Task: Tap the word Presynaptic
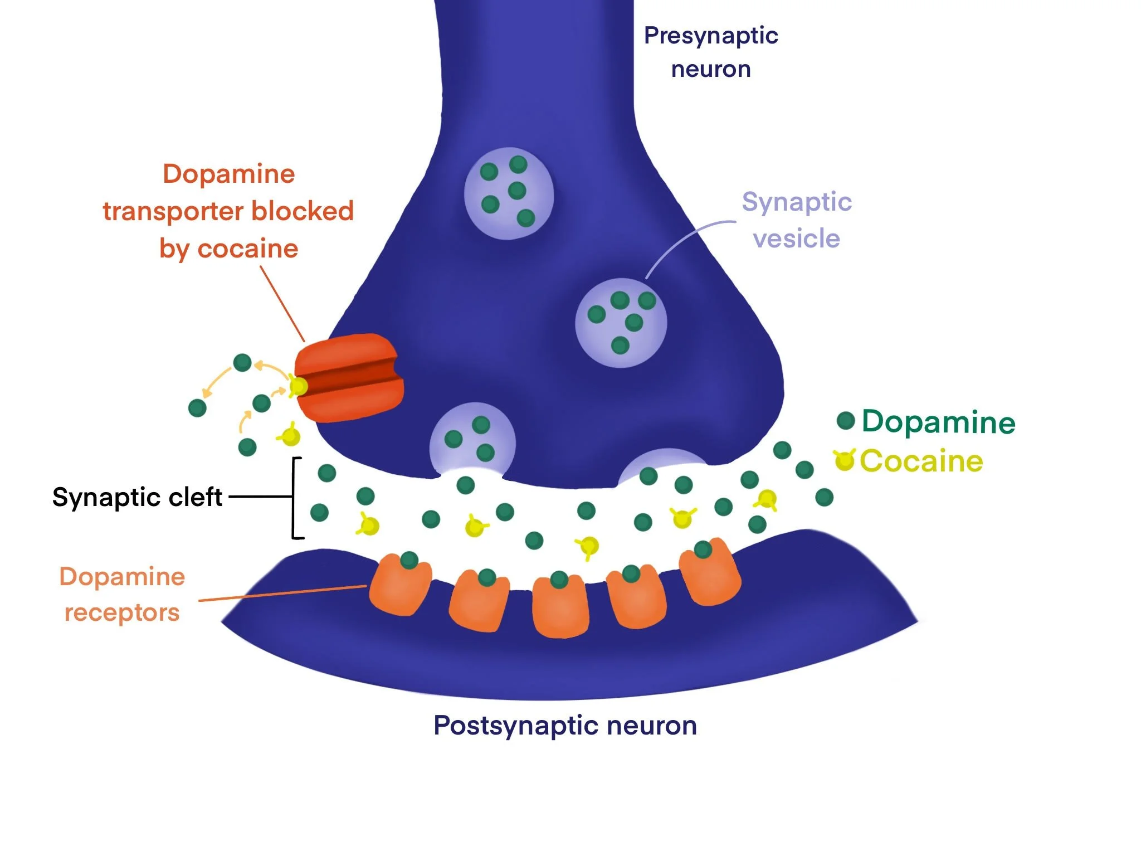[711, 36]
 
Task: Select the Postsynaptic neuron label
[565, 726]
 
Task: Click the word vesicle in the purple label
[796, 239]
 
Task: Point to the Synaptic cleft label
[137, 497]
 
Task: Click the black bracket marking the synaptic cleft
[294, 498]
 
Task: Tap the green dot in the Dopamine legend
[846, 420]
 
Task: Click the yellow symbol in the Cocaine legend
[844, 460]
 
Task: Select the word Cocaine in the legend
[921, 461]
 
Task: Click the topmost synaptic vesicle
[509, 193]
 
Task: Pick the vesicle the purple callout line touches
[621, 323]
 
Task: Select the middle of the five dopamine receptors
[560, 607]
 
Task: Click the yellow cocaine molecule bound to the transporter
[299, 386]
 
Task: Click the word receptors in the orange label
[122, 613]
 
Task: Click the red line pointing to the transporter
[282, 303]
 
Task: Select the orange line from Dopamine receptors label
[282, 594]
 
